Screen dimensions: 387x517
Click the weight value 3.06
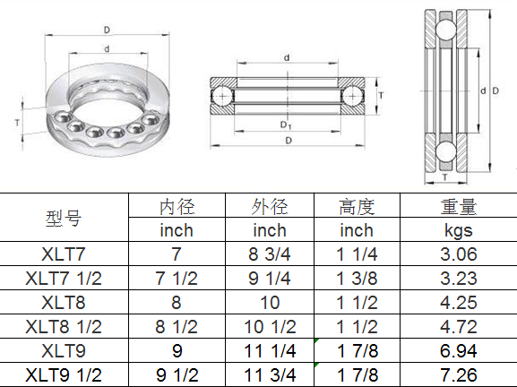point(459,254)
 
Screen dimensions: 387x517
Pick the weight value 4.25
point(459,302)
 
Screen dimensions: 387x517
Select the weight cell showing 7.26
point(459,374)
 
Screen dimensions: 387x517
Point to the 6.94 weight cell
point(459,350)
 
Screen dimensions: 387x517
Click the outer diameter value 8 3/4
point(270,254)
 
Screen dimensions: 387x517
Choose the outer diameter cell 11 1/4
point(270,350)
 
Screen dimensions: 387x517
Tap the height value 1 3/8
point(356,278)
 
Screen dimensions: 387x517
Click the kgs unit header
point(459,230)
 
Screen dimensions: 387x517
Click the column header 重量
point(459,207)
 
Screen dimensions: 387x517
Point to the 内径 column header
point(177,207)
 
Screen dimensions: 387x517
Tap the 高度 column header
point(356,207)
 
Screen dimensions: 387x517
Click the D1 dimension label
point(286,124)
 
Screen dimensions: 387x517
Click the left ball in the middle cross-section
point(220,94)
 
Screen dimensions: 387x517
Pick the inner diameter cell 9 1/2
point(177,374)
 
